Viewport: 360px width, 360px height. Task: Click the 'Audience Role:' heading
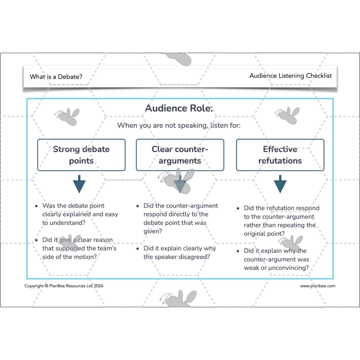click(x=179, y=108)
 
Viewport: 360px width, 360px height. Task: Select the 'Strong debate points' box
click(x=81, y=155)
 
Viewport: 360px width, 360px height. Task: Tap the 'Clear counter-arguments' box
click(x=179, y=155)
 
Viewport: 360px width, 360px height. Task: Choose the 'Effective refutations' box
click(x=280, y=155)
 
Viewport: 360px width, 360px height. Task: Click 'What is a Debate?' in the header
click(x=56, y=76)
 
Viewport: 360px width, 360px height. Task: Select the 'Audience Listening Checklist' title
click(x=290, y=76)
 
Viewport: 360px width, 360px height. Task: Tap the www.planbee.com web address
click(x=318, y=286)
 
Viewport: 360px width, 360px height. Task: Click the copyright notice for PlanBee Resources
click(x=60, y=286)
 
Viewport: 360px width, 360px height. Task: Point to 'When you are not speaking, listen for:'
click(x=179, y=126)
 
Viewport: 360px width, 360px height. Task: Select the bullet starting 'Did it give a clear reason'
click(x=79, y=248)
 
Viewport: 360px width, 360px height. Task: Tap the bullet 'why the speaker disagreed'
click(x=180, y=252)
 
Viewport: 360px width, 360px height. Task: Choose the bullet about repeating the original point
click(x=281, y=221)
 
